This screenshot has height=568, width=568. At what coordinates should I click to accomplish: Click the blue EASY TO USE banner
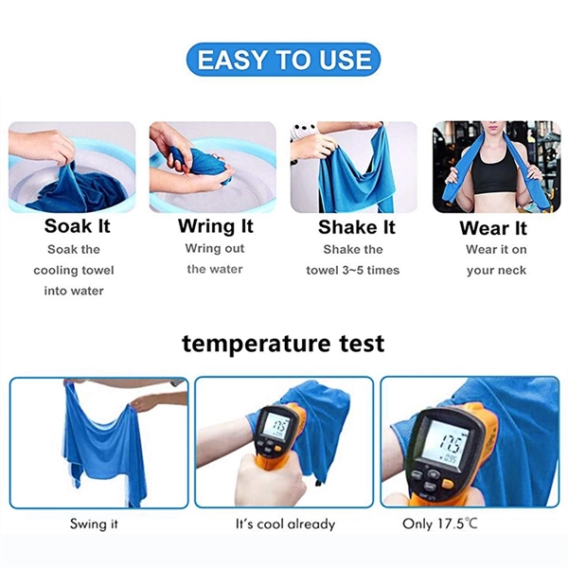pyautogui.click(x=283, y=61)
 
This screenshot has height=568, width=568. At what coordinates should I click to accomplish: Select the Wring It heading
pyautogui.click(x=216, y=226)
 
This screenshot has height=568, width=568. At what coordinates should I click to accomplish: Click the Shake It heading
pyautogui.click(x=356, y=226)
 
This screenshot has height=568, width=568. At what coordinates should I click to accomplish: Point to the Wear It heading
pyautogui.click(x=492, y=228)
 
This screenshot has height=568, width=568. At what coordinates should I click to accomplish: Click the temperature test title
pyautogui.click(x=283, y=341)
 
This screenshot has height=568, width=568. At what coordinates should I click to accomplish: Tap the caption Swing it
pyautogui.click(x=94, y=524)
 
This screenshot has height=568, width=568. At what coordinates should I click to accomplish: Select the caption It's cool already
pyautogui.click(x=285, y=524)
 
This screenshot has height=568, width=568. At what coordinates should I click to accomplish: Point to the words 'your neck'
pyautogui.click(x=494, y=270)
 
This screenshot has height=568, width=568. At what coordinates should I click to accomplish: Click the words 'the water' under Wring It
pyautogui.click(x=215, y=269)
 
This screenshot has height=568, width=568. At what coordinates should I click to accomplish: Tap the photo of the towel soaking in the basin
pyautogui.click(x=72, y=167)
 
